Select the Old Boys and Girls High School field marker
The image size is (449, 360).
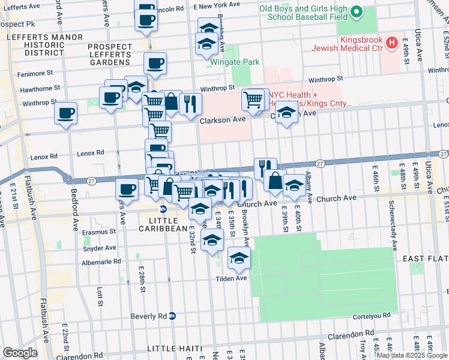click(357, 12)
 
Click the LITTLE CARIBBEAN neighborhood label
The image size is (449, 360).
click(163, 228)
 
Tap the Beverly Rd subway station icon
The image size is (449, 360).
click(172, 316)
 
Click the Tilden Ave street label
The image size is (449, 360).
click(232, 278)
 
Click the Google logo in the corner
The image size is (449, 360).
click(20, 353)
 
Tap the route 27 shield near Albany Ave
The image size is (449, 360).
click(320, 163)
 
